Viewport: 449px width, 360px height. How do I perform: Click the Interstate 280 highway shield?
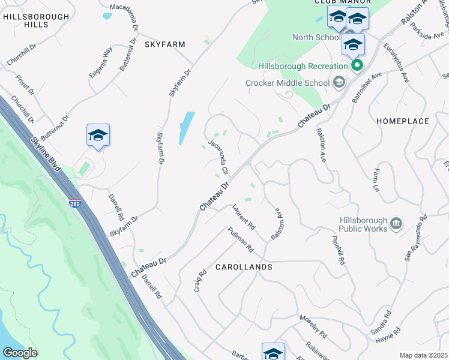tap(74, 204)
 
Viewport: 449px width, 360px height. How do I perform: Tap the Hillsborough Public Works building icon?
tap(396, 224)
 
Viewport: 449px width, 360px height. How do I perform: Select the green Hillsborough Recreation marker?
tap(357, 65)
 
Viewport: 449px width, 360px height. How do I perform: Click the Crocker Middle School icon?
tap(339, 83)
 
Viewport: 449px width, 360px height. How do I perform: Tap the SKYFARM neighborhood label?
tap(164, 44)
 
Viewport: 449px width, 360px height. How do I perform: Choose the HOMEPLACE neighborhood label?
tap(403, 121)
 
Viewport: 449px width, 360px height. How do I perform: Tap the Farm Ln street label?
tap(377, 180)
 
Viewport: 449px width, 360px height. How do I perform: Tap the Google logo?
tap(20, 353)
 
